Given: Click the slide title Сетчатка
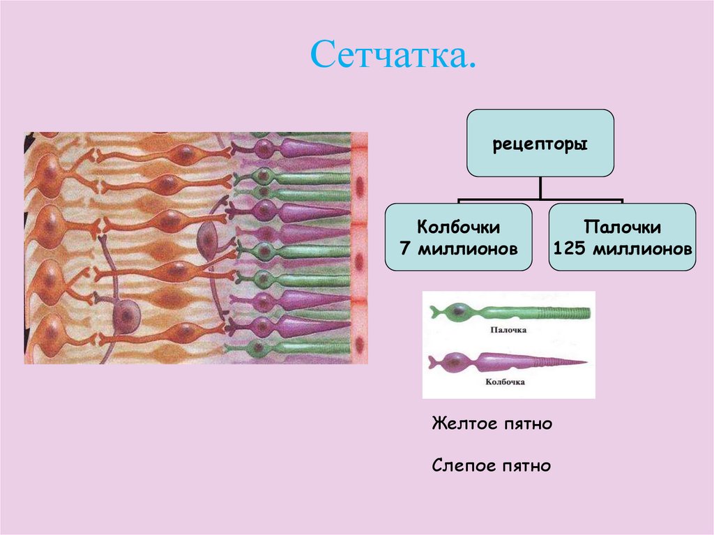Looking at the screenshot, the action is coord(394,54).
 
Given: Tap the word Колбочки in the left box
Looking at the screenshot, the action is coord(459,228).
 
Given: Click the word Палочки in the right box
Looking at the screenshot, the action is coord(623,228).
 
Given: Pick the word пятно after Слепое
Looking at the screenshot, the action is coord(524,465).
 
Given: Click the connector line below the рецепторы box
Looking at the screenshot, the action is coord(540,188).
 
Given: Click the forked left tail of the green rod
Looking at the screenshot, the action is coord(435,311).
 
